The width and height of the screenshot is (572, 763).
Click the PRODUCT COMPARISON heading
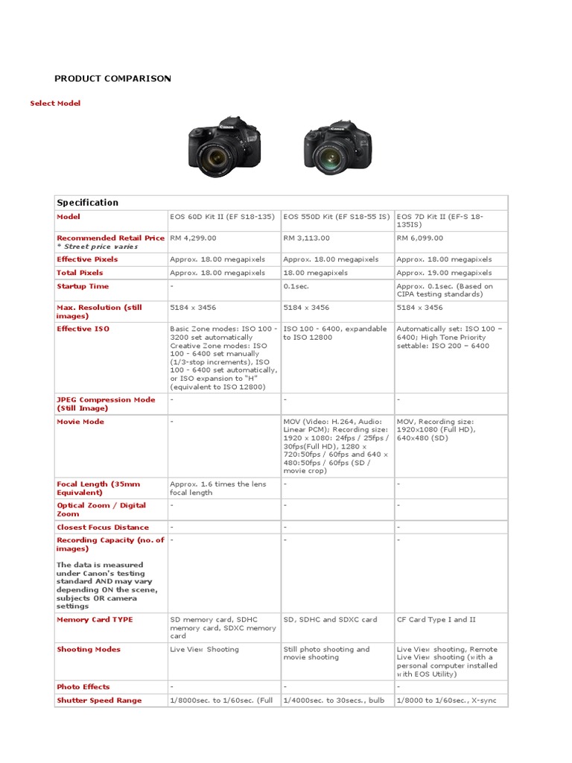click(112, 78)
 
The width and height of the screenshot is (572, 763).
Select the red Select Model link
click(55, 103)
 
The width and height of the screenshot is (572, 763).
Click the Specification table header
click(88, 203)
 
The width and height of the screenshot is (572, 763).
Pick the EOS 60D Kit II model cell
click(222, 217)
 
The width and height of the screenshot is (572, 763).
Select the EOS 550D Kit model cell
click(337, 217)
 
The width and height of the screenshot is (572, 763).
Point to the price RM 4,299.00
click(193, 238)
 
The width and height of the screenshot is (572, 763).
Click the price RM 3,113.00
click(306, 238)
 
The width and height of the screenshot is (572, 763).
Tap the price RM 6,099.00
click(419, 238)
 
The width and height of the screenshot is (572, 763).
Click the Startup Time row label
click(83, 286)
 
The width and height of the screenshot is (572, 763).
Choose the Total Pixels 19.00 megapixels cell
click(444, 273)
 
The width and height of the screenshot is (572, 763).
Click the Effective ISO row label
click(83, 329)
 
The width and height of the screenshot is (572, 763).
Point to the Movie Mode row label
click(80, 422)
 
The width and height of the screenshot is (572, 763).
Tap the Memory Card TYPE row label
click(95, 619)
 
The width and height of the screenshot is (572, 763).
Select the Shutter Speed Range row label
click(99, 700)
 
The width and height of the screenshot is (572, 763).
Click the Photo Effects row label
click(83, 687)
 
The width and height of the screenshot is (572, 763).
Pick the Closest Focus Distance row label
click(103, 527)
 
